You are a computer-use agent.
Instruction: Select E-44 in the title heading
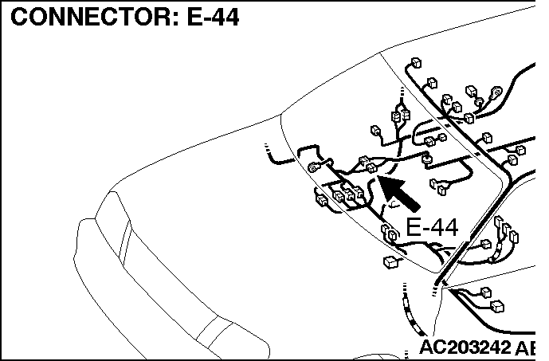[x=213, y=17]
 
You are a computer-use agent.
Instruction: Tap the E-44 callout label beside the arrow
[x=432, y=228]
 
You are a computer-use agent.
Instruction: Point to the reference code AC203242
[x=465, y=347]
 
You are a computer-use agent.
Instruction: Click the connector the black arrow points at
[x=371, y=168]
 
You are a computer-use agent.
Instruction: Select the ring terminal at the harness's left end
[x=313, y=167]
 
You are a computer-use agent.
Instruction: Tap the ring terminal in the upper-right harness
[x=496, y=92]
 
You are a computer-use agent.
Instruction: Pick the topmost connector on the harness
[x=416, y=63]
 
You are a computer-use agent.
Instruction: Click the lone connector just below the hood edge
[x=390, y=262]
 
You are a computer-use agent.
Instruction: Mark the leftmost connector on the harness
[x=322, y=200]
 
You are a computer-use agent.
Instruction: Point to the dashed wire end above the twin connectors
[x=402, y=92]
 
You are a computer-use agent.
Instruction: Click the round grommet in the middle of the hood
[x=426, y=159]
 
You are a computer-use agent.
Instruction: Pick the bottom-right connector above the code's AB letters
[x=497, y=306]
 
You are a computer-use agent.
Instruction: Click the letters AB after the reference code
[x=526, y=347]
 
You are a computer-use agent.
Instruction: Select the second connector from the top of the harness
[x=433, y=84]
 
